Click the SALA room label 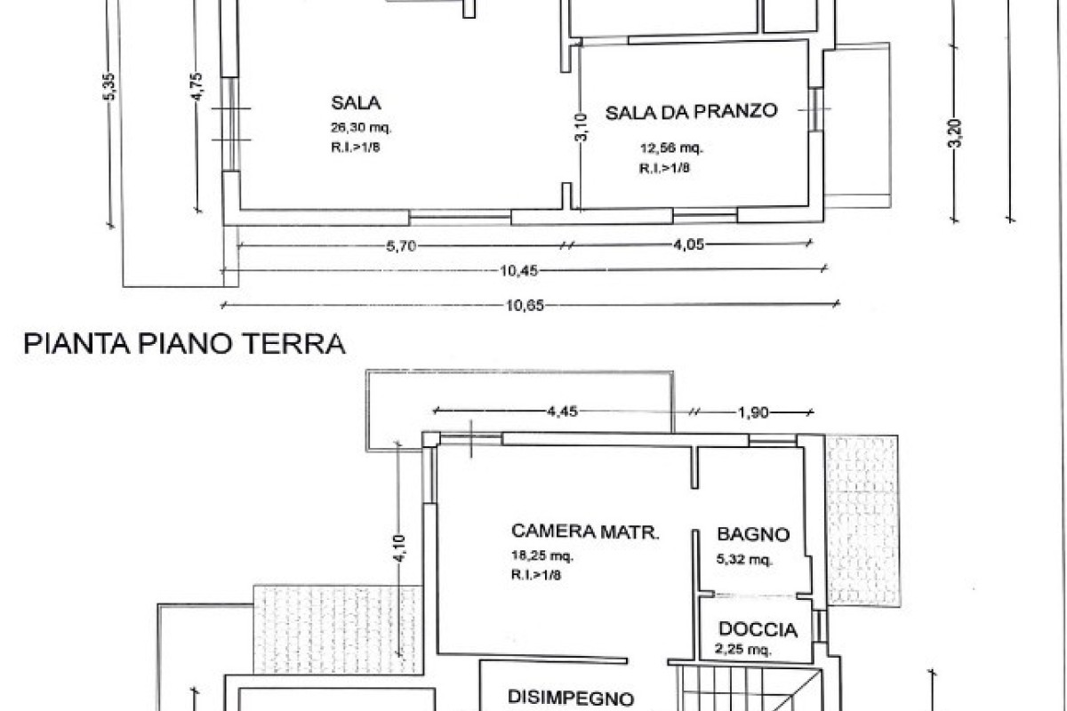click(x=356, y=103)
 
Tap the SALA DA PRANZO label click(x=691, y=112)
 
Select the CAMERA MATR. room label click(x=585, y=531)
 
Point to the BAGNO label click(x=753, y=534)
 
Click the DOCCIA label click(x=758, y=629)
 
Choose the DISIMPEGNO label click(x=571, y=698)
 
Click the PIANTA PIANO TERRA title click(x=184, y=344)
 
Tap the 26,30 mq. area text click(x=361, y=128)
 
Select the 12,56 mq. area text click(x=671, y=148)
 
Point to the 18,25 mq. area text click(x=542, y=555)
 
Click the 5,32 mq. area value click(x=744, y=559)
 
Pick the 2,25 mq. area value click(x=743, y=649)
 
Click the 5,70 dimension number click(x=401, y=246)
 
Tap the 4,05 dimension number click(x=688, y=244)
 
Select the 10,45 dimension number click(x=518, y=271)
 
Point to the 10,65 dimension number click(x=525, y=306)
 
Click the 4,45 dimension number click(x=562, y=411)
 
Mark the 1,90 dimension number click(x=753, y=412)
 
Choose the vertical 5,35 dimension click(x=109, y=86)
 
